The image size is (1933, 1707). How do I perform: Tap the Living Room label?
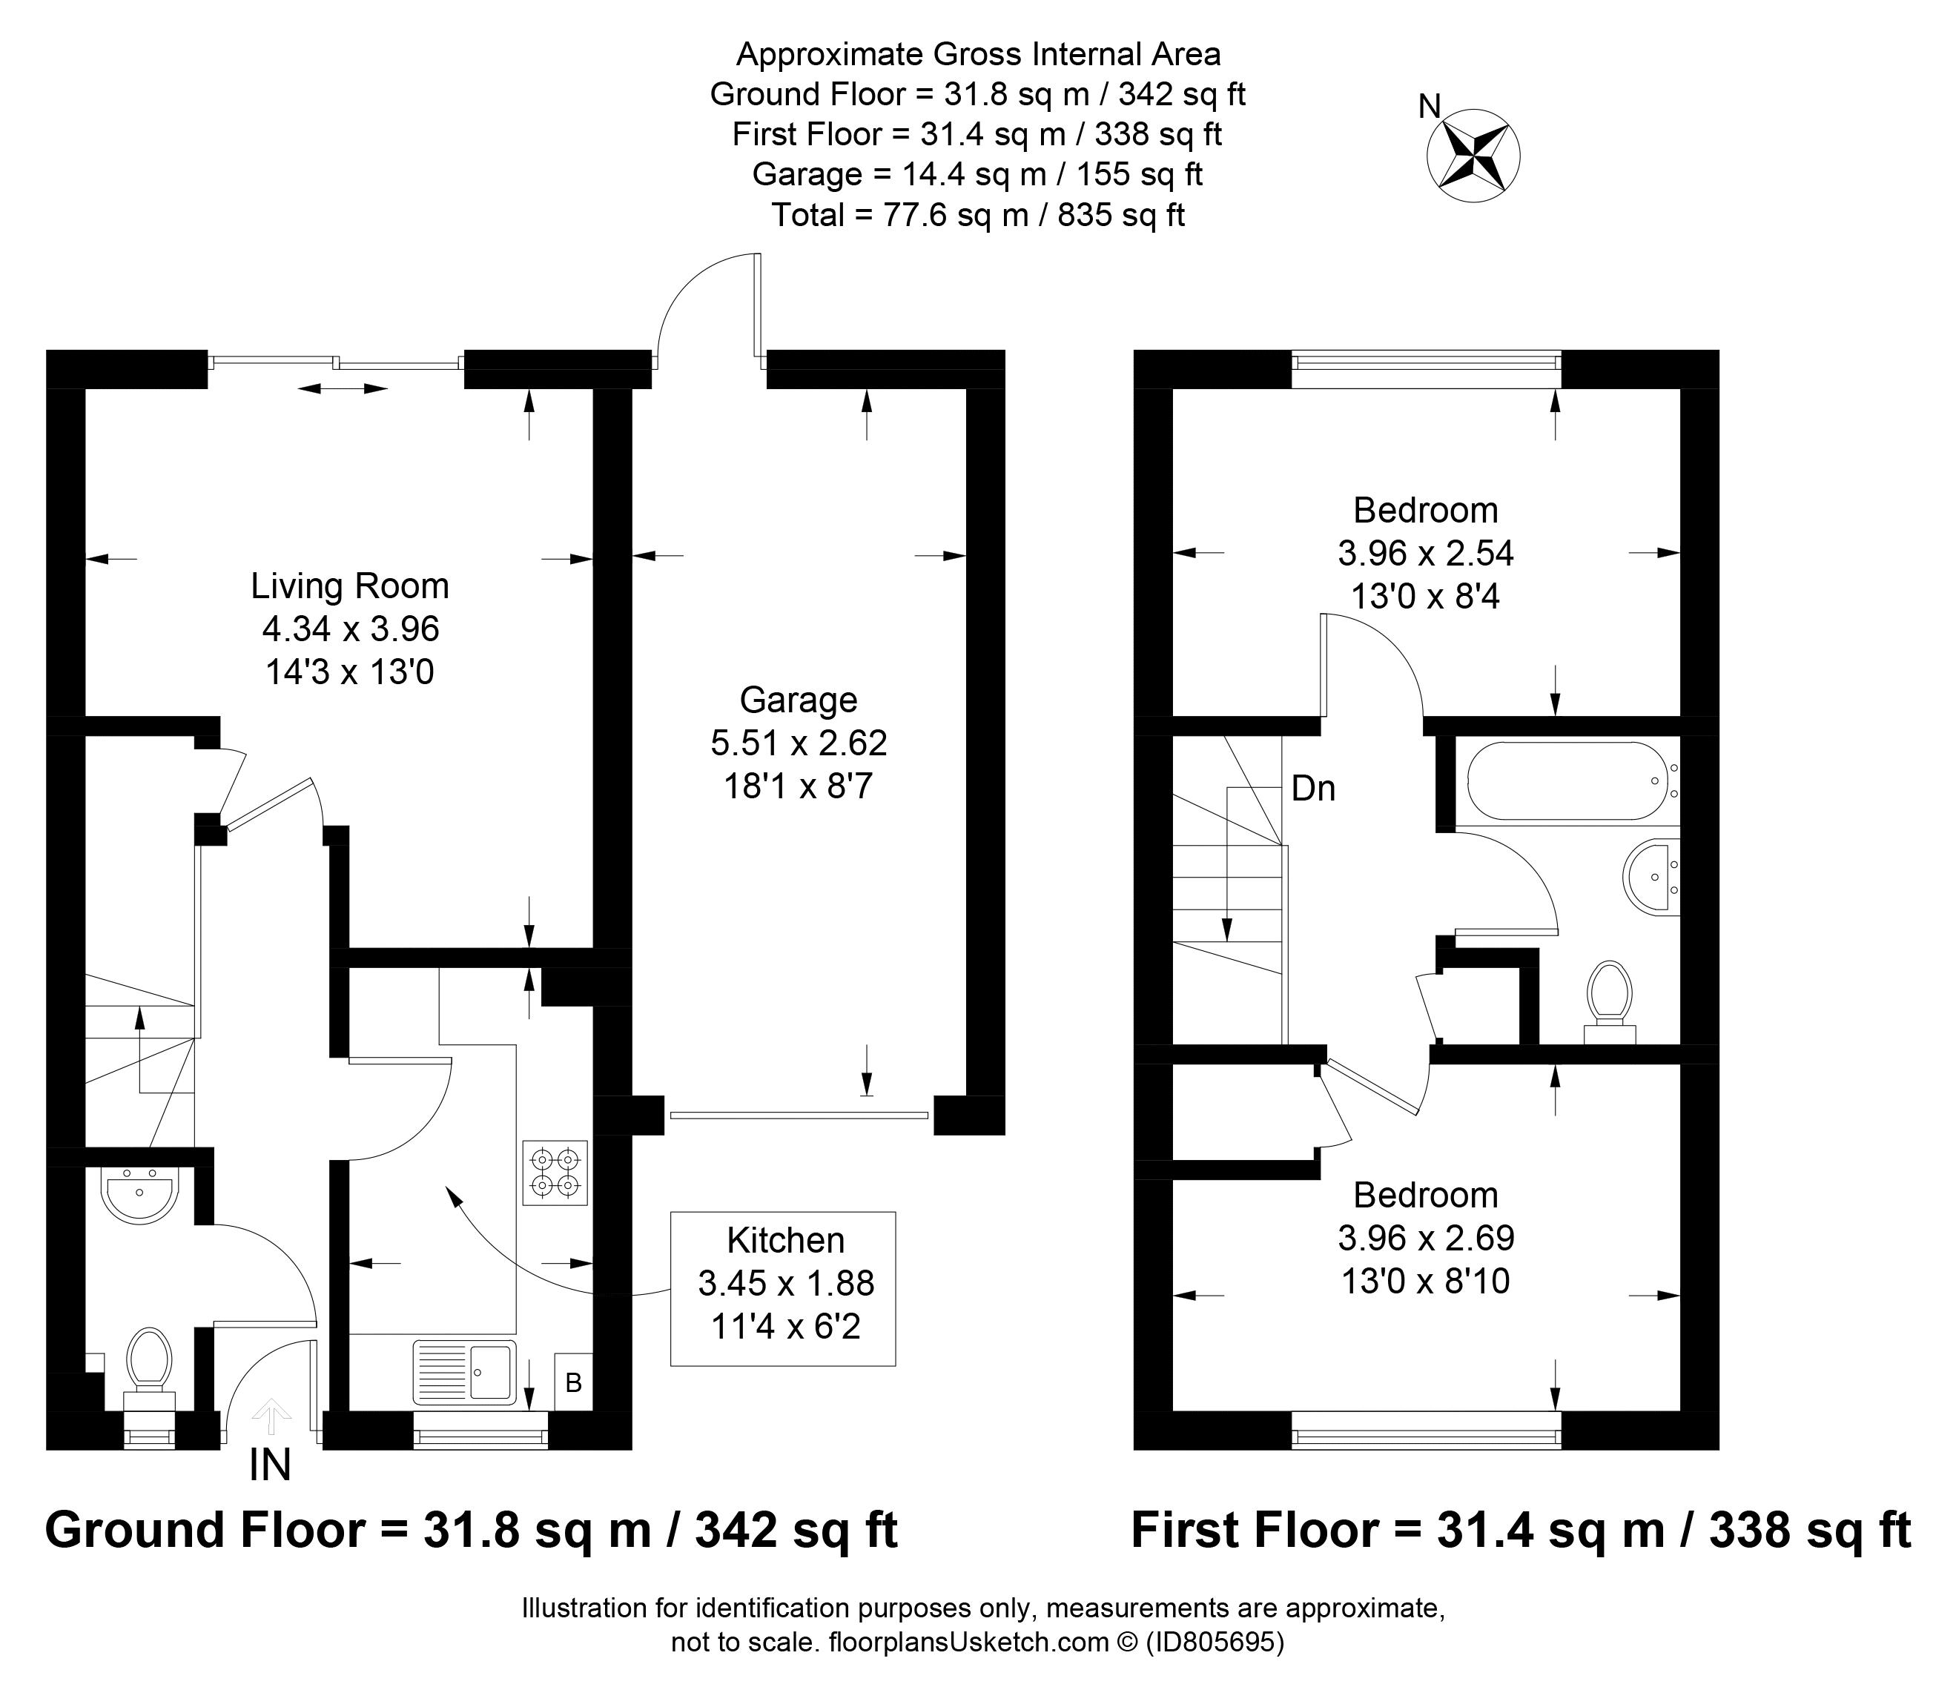tap(349, 586)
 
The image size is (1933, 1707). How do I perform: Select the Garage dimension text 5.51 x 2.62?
tap(798, 743)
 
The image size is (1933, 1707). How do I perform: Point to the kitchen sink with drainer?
tap(464, 1371)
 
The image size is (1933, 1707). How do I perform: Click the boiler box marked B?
tap(573, 1383)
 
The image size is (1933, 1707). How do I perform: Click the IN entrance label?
tap(270, 1465)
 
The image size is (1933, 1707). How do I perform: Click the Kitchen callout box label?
tap(785, 1240)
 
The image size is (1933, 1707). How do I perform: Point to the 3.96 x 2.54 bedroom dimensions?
tap(1425, 553)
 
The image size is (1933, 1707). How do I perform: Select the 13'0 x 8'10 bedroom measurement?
tap(1425, 1281)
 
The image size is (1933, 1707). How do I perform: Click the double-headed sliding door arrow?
tap(343, 388)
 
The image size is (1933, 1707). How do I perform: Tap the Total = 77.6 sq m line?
tap(977, 216)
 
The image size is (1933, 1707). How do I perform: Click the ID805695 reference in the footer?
tap(1215, 1642)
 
